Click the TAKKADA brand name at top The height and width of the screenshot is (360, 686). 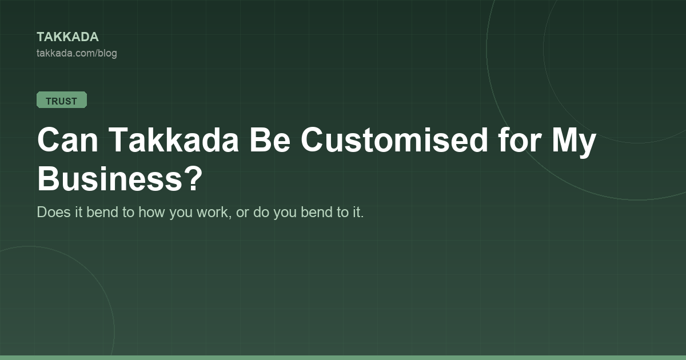pyautogui.click(x=67, y=37)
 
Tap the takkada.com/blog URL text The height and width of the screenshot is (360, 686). pyautogui.click(x=77, y=53)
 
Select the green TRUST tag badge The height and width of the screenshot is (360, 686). pyautogui.click(x=62, y=100)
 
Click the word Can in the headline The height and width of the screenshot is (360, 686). pyautogui.click(x=67, y=139)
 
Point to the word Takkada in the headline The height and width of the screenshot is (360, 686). pyautogui.click(x=173, y=139)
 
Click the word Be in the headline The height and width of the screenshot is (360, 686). pyautogui.click(x=270, y=139)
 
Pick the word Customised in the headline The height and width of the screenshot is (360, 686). pyautogui.click(x=394, y=139)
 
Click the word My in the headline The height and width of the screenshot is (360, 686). pyautogui.click(x=574, y=143)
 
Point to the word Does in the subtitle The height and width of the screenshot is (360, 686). pyautogui.click(x=54, y=212)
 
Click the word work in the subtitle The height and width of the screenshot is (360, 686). pyautogui.click(x=214, y=213)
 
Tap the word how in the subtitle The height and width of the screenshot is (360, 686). pyautogui.click(x=151, y=212)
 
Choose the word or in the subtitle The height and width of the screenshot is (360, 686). pyautogui.click(x=242, y=214)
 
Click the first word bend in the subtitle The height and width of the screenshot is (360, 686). pyautogui.click(x=102, y=212)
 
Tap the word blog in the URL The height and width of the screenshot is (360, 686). pyautogui.click(x=107, y=54)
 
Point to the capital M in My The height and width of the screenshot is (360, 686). pyautogui.click(x=565, y=139)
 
